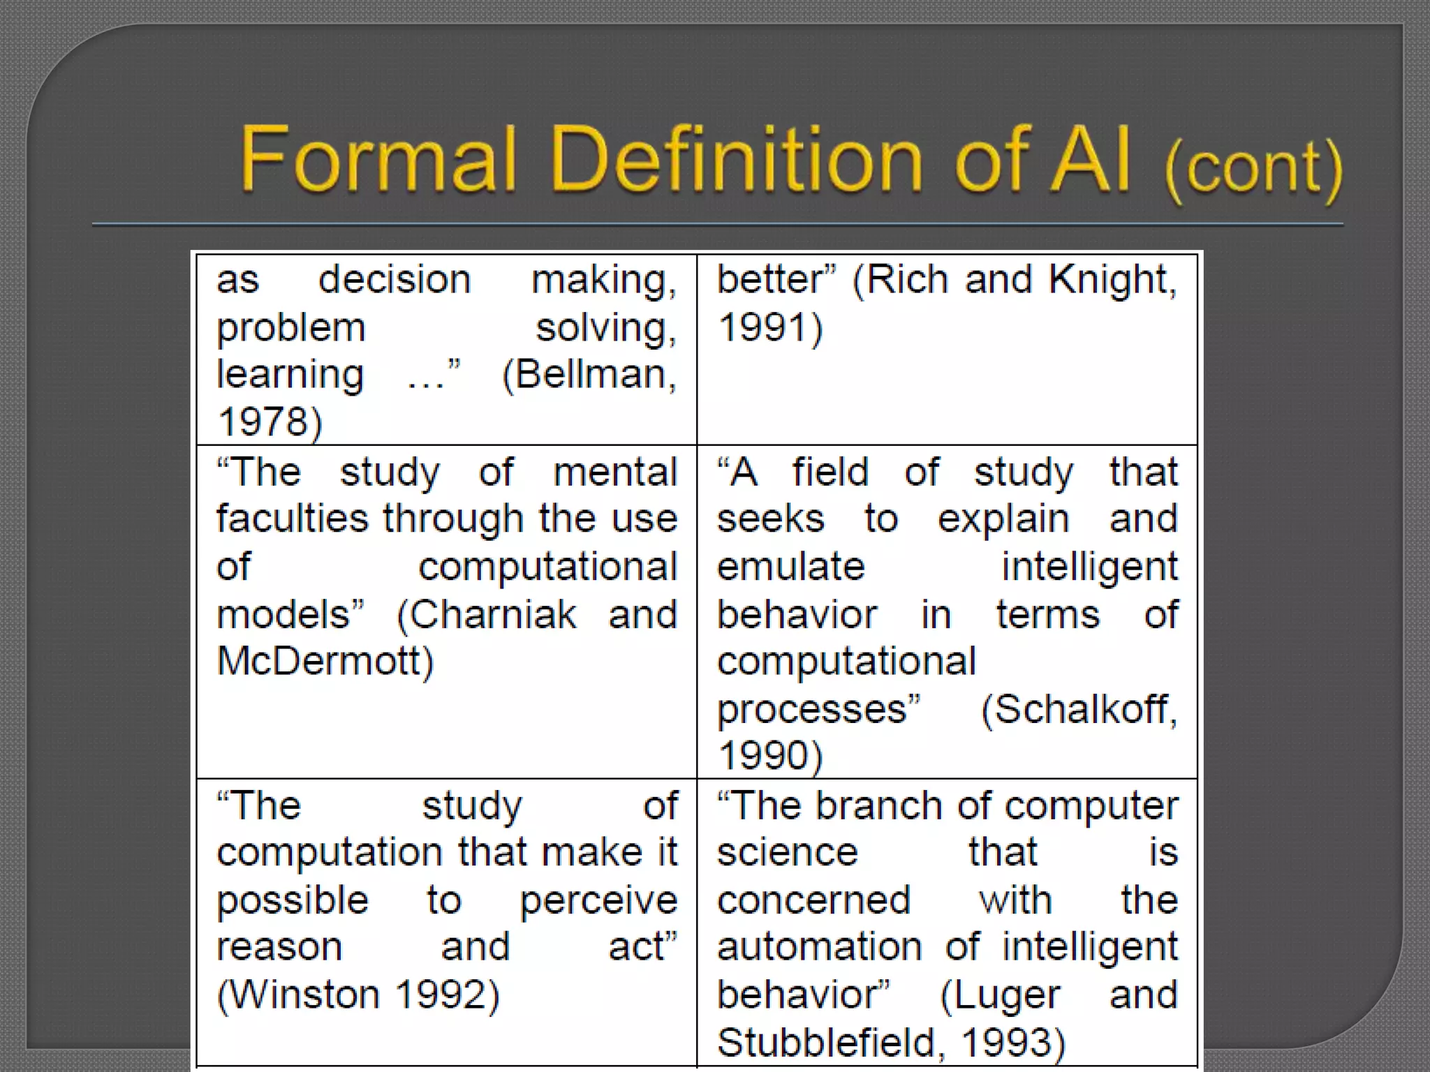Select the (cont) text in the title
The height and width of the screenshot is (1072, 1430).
(1253, 167)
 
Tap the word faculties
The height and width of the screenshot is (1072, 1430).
(292, 519)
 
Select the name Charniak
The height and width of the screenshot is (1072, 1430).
(492, 615)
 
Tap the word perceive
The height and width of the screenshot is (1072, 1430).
(598, 900)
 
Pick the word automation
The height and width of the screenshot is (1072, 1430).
(819, 947)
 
